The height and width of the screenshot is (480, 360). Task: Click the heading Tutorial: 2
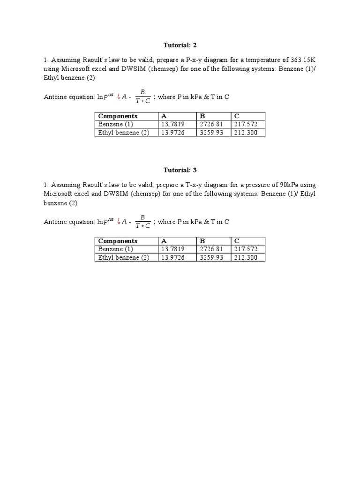pos(180,45)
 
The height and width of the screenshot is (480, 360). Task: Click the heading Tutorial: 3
pos(180,170)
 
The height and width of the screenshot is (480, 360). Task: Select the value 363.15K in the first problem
pos(301,60)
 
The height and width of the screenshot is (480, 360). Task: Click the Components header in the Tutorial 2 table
pos(118,116)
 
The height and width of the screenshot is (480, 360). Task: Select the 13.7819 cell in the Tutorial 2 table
pos(172,124)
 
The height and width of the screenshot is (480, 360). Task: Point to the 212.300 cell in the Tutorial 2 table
pos(245,132)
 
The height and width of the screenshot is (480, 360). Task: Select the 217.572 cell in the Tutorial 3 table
pos(245,249)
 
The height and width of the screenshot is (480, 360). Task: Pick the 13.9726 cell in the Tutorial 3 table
pos(172,257)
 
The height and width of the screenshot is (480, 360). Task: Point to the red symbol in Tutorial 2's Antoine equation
pos(120,97)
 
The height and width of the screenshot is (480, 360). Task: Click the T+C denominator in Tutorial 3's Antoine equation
pos(142,226)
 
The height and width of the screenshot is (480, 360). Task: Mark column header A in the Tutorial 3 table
pos(164,241)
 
